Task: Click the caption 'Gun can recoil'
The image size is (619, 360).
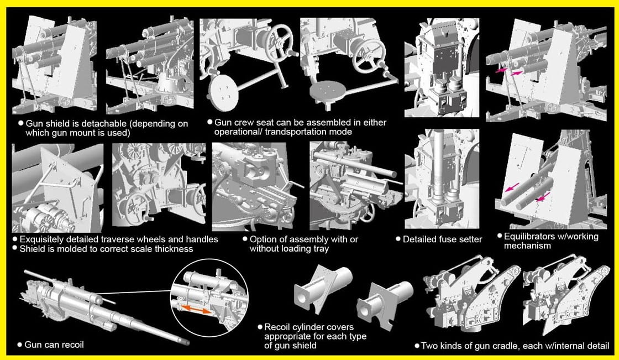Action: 54,345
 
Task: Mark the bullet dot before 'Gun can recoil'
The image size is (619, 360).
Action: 19,345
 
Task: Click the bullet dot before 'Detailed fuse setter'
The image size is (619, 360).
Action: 398,239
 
